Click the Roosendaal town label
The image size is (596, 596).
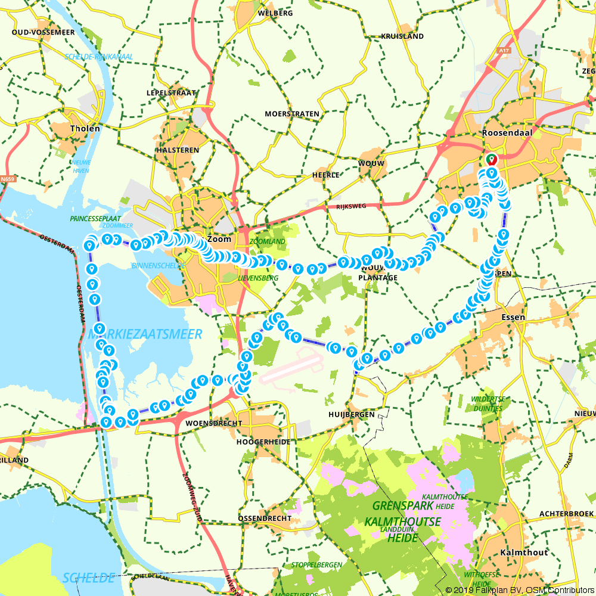coord(508,132)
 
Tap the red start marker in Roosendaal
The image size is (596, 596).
coord(492,160)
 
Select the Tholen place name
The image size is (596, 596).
coord(85,128)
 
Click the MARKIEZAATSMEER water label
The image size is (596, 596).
coord(145,334)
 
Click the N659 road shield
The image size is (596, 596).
coord(8,178)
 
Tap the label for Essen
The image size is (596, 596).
coord(514,317)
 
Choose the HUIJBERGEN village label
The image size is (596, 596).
coord(351,414)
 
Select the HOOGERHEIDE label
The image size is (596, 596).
coord(263,442)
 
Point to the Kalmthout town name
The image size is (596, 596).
coord(524,552)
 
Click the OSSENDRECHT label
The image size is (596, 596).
coord(265,518)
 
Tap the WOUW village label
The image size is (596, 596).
coord(371,163)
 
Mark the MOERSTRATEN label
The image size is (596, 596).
coord(292,113)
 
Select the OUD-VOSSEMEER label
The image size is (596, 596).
coord(43,32)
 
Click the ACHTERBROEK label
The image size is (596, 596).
coord(566,513)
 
